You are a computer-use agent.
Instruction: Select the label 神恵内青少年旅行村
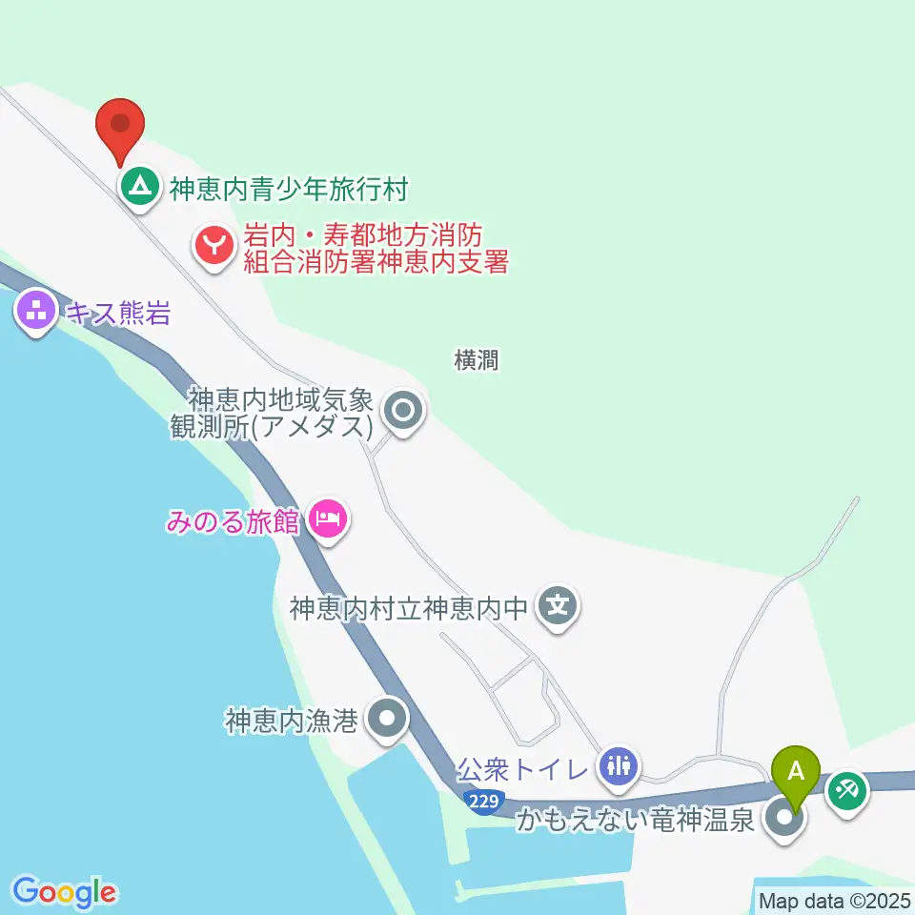pyautogui.click(x=289, y=189)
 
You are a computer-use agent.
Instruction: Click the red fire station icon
pyautogui.click(x=214, y=247)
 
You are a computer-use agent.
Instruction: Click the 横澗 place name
pyautogui.click(x=476, y=360)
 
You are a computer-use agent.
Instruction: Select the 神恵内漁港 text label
pyautogui.click(x=292, y=721)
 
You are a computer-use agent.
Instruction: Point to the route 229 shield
pyautogui.click(x=484, y=802)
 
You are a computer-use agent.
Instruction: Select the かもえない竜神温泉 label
pyautogui.click(x=636, y=820)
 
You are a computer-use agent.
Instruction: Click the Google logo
pyautogui.click(x=64, y=892)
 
